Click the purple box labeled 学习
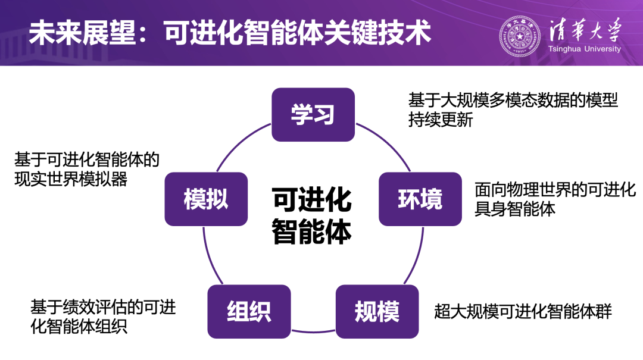313,114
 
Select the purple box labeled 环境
420,199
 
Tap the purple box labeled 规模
377,311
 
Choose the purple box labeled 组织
249,311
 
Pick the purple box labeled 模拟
205,199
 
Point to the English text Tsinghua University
584,49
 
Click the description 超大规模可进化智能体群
523,311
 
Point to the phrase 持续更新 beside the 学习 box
441,120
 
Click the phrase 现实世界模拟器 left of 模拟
71,179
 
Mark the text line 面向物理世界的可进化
555,190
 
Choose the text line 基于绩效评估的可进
103,307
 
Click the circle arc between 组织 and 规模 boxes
313,329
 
